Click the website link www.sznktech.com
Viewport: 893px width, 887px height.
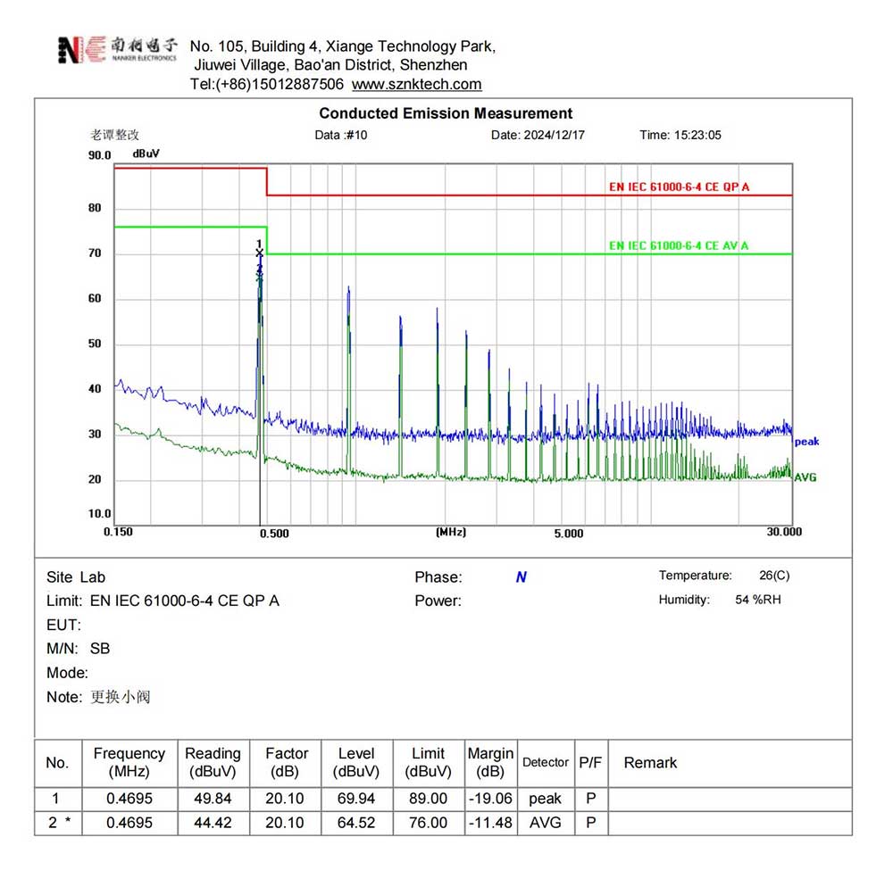pos(416,85)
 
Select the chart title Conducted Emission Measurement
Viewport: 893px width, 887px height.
pos(446,113)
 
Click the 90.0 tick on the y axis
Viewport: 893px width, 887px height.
pos(99,155)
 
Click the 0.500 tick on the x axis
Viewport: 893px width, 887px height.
pos(273,534)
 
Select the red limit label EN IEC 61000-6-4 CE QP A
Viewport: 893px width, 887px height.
pos(679,187)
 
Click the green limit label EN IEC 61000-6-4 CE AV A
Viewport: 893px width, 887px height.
pos(679,245)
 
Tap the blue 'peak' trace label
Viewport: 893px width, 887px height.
pos(806,442)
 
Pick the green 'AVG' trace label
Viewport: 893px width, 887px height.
pos(805,477)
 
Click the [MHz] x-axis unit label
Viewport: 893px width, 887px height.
pos(450,532)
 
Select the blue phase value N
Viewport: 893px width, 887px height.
pos(521,577)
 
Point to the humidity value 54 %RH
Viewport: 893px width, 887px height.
pos(759,600)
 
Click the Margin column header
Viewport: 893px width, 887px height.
pos(490,762)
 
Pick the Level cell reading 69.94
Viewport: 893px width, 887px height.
pos(355,799)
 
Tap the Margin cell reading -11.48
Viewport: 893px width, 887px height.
pos(490,823)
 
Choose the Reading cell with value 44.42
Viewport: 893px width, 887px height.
pos(213,823)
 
